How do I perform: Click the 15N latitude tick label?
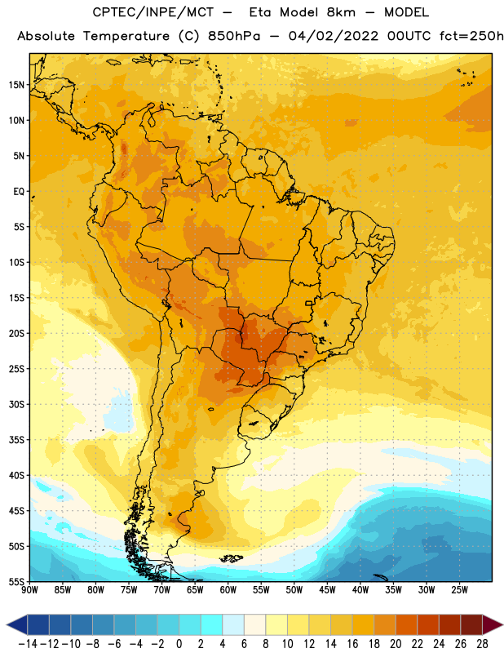(x=16, y=85)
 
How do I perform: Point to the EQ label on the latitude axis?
(x=19, y=192)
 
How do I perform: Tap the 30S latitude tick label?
(x=16, y=404)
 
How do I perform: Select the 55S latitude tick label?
(x=16, y=582)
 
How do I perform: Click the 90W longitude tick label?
(x=29, y=590)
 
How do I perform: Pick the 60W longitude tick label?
(x=228, y=590)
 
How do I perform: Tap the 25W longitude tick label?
(x=459, y=590)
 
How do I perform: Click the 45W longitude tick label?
(x=327, y=590)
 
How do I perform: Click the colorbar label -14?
(x=28, y=644)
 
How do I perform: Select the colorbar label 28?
(x=482, y=644)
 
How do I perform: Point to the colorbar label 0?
(x=179, y=644)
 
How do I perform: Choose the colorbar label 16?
(x=352, y=644)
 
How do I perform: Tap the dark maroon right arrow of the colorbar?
(x=492, y=624)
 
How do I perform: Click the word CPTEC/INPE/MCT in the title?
(x=153, y=12)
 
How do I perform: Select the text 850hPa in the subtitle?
(x=234, y=36)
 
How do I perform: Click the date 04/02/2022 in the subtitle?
(x=334, y=36)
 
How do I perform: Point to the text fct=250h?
(x=471, y=36)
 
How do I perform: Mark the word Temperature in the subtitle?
(x=126, y=36)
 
